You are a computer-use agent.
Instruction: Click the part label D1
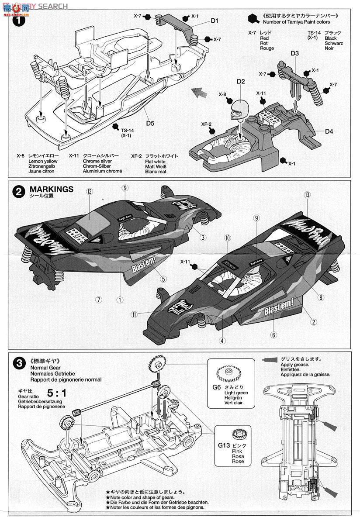[x=215, y=20]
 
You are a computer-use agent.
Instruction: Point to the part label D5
[x=150, y=123]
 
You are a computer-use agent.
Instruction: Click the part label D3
[x=295, y=53]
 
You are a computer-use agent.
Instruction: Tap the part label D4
[x=329, y=131]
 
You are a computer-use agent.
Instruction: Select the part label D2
[x=241, y=81]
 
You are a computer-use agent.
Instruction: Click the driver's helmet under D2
[x=239, y=107]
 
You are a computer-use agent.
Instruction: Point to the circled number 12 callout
[x=90, y=191]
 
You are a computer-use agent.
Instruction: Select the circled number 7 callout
[x=99, y=300]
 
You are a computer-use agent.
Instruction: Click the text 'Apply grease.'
[x=295, y=364]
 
